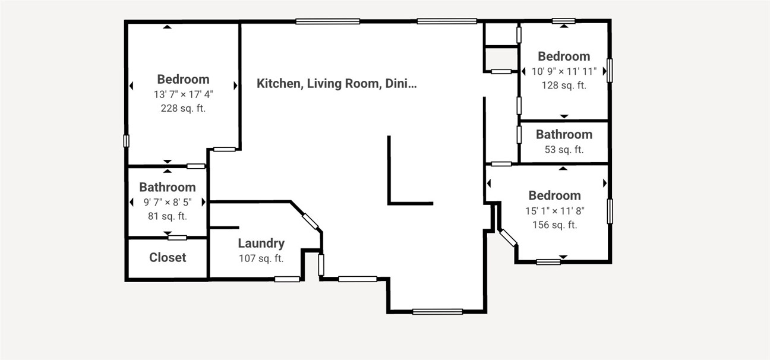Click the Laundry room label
pyautogui.click(x=261, y=243)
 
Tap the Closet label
pyautogui.click(x=168, y=257)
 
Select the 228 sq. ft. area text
pyautogui.click(x=183, y=108)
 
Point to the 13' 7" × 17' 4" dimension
pyautogui.click(x=183, y=94)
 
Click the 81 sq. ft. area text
pyautogui.click(x=168, y=216)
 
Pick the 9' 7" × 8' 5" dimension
pyautogui.click(x=168, y=202)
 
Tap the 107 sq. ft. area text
pyautogui.click(x=261, y=258)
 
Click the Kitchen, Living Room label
pyautogui.click(x=336, y=83)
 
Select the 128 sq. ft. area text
pyautogui.click(x=564, y=85)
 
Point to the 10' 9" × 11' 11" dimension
pyautogui.click(x=564, y=71)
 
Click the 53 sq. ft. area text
pyautogui.click(x=564, y=150)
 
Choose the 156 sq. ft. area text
pyautogui.click(x=555, y=225)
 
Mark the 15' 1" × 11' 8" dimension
pyautogui.click(x=555, y=210)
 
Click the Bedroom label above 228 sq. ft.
pyautogui.click(x=183, y=79)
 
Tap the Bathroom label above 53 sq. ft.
pyautogui.click(x=564, y=134)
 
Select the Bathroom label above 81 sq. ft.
pyautogui.click(x=168, y=187)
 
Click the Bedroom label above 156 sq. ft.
pyautogui.click(x=555, y=195)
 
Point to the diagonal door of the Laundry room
pyautogui.click(x=310, y=220)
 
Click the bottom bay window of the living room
pyautogui.click(x=437, y=311)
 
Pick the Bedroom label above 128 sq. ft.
pyautogui.click(x=564, y=56)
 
